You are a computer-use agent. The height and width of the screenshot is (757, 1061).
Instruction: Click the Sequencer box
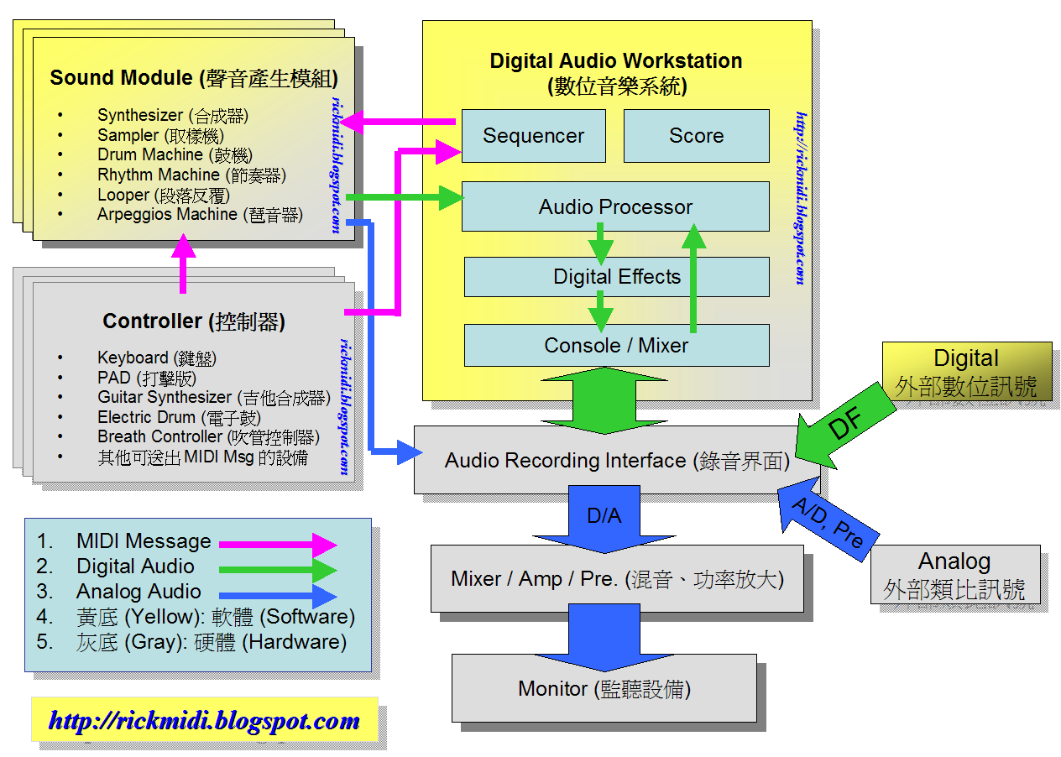click(533, 136)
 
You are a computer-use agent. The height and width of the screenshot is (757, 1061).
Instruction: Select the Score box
click(696, 136)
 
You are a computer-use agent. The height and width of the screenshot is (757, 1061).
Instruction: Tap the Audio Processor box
click(615, 206)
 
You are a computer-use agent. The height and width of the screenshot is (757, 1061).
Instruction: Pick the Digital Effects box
click(616, 277)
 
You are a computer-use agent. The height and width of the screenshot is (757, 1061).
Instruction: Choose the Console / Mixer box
click(616, 345)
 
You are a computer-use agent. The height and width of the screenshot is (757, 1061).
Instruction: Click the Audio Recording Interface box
click(616, 461)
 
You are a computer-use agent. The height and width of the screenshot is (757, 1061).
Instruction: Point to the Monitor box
click(604, 689)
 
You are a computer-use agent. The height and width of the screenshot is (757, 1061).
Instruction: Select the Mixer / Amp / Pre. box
click(617, 579)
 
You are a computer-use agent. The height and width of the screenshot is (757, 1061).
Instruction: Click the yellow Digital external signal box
click(966, 371)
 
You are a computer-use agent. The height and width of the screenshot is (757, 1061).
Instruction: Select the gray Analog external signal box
click(954, 575)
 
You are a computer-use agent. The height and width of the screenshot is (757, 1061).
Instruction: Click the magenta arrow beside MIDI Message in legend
click(277, 544)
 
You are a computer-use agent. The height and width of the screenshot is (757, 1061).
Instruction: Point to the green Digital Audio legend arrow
click(277, 570)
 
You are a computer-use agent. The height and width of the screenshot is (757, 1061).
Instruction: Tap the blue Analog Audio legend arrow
click(277, 596)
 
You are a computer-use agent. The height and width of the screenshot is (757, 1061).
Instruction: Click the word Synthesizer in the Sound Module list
click(139, 116)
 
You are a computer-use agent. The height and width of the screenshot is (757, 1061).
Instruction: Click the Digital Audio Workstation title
click(616, 61)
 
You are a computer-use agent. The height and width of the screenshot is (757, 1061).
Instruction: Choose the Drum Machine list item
click(150, 155)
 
